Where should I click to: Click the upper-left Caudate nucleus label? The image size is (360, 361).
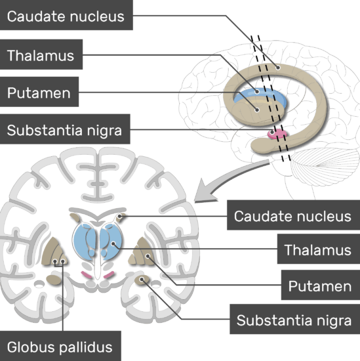coord(66,15)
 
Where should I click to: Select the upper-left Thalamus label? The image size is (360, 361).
coord(41,54)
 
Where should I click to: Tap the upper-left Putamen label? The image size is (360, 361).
coord(39,92)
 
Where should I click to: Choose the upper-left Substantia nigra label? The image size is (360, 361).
coord(65,129)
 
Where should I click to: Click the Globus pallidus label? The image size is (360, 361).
coord(60,347)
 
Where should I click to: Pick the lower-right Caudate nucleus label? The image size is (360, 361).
coord(293,215)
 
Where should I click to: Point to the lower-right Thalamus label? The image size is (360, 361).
coord(319,249)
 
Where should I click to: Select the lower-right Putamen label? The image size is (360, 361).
coord(321,285)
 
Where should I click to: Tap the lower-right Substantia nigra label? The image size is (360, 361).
coord(294,319)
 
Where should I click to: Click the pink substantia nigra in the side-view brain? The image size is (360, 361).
coord(277,134)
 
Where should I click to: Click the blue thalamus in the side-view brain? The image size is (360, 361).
coord(260,95)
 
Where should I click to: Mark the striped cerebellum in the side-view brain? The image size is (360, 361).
coord(325,167)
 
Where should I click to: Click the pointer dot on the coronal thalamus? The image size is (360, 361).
coord(113,244)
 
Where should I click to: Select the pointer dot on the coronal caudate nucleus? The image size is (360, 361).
coord(120,216)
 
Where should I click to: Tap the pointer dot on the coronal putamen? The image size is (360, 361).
coord(148,256)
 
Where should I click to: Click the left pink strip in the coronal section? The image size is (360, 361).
coord(87,274)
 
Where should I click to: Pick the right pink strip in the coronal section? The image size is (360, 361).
coord(109,274)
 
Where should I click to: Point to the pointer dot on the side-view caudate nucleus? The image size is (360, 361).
coord(278,68)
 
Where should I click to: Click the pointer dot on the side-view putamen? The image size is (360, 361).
coord(257,110)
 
